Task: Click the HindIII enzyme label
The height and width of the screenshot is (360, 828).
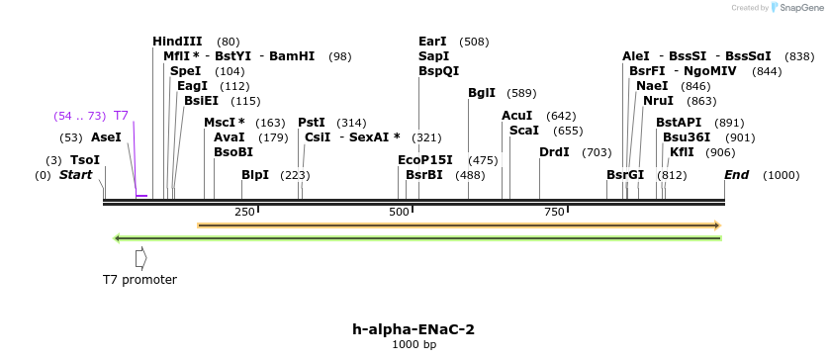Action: [x=177, y=42]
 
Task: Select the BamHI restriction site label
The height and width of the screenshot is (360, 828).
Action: [x=292, y=56]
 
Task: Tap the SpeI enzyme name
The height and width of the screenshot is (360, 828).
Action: [x=185, y=71]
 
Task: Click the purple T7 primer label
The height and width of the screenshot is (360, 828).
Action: [x=121, y=116]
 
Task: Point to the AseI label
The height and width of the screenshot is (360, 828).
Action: [x=106, y=137]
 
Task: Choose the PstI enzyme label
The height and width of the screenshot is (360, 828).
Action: [x=312, y=123]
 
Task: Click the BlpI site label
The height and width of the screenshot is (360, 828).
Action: [x=255, y=175]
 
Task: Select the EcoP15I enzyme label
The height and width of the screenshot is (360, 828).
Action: [x=425, y=159]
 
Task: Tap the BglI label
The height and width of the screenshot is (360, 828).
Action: [x=482, y=93]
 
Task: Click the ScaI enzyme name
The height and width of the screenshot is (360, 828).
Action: [x=524, y=131]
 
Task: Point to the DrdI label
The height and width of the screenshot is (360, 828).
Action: [x=554, y=152]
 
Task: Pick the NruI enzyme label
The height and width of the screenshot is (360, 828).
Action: [x=658, y=101]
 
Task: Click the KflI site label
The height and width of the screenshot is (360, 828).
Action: [x=682, y=152]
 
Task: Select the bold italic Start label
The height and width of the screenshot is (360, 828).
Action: [x=75, y=175]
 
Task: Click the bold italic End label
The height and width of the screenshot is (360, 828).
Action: [x=737, y=175]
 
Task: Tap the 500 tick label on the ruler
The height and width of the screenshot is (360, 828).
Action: [x=399, y=213]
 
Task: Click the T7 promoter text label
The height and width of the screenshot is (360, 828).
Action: [x=139, y=280]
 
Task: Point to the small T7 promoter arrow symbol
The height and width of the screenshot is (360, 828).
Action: [x=141, y=257]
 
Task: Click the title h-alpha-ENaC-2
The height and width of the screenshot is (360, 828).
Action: [x=414, y=329]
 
